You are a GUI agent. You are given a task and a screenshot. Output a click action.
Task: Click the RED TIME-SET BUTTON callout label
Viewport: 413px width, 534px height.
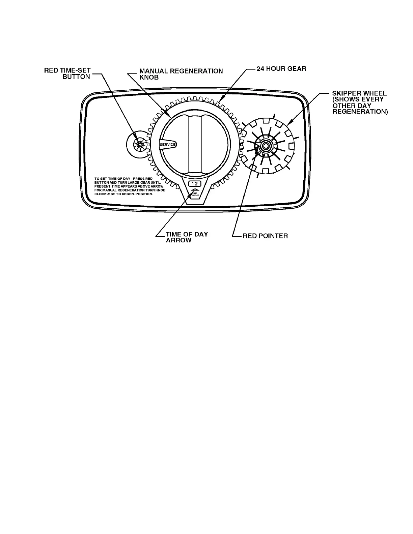point(67,73)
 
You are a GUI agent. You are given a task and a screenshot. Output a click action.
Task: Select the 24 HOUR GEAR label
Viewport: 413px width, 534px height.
point(282,68)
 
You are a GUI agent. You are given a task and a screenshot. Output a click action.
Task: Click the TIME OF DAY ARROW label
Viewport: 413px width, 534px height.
point(187,237)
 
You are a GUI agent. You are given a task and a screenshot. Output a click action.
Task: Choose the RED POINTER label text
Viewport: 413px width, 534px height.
point(265,236)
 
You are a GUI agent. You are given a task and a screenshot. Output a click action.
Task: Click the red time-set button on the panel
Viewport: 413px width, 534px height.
point(138,144)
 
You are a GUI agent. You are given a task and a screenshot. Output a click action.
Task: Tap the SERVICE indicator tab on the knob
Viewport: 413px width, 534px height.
point(168,144)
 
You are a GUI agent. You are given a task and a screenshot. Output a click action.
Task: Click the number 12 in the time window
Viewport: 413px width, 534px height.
point(195,184)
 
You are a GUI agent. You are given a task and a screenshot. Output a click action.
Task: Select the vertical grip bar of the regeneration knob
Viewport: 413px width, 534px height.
point(195,143)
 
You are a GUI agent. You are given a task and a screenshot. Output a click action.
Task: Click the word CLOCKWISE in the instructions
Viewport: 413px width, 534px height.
point(105,194)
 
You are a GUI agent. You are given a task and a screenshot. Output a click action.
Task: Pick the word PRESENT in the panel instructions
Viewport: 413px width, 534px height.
point(102,186)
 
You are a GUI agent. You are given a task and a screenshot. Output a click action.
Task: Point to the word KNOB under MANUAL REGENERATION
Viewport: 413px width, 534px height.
point(149,77)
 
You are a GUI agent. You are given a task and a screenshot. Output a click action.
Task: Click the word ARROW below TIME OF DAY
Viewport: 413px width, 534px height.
point(178,240)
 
